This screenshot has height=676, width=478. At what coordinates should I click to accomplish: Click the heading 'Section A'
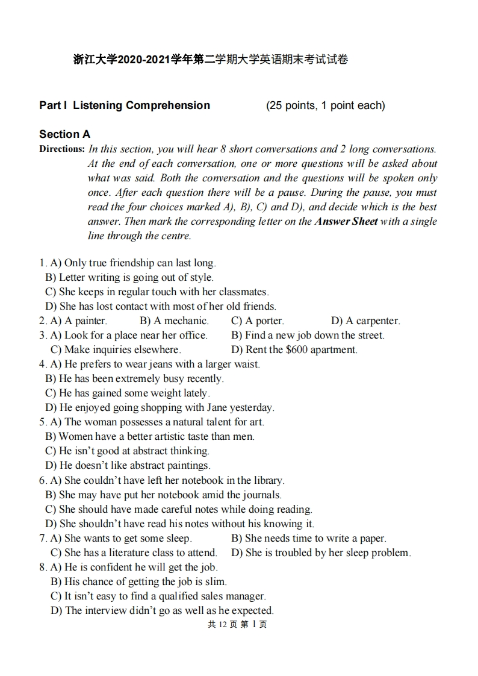64,134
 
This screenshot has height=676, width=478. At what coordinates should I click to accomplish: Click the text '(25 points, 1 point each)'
325,105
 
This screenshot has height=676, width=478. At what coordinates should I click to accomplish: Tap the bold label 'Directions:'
61,149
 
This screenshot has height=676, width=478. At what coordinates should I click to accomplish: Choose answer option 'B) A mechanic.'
174,321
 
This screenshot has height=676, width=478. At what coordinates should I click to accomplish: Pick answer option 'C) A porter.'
257,321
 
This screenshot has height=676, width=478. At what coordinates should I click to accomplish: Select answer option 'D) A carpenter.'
365,321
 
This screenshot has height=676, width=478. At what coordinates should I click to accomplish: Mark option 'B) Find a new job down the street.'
308,336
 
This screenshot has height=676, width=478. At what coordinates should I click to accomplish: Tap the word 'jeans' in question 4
160,365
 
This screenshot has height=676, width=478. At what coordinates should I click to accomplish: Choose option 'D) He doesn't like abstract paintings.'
128,466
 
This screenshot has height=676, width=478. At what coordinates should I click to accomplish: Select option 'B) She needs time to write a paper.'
309,539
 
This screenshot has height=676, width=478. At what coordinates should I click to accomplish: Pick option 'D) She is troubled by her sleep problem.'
321,553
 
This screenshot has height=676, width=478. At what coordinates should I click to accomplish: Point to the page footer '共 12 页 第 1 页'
237,625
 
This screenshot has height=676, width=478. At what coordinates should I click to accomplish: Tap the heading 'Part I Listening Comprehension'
125,105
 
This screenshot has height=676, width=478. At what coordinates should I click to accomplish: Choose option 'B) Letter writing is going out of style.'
129,278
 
